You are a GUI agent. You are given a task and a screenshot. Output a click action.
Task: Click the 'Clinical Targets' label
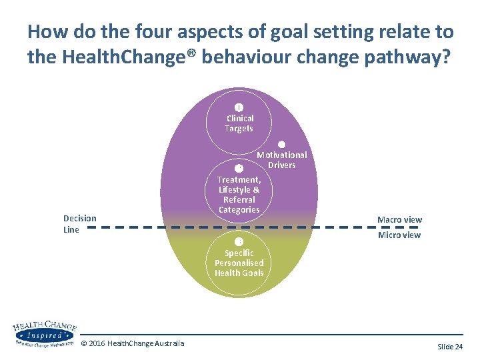pyautogui.click(x=239, y=123)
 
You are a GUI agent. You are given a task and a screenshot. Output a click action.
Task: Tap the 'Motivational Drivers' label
pyautogui.click(x=282, y=160)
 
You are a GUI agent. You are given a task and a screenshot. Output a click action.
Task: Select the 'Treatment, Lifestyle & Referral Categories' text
pyautogui.click(x=239, y=195)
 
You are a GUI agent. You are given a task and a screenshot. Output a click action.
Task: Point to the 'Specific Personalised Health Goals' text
pyautogui.click(x=239, y=263)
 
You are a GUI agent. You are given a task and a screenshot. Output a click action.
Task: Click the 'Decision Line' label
pyautogui.click(x=79, y=224)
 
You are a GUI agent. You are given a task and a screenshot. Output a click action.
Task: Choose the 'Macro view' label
pyautogui.click(x=399, y=220)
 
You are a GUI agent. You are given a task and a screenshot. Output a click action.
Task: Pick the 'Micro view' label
pyautogui.click(x=399, y=235)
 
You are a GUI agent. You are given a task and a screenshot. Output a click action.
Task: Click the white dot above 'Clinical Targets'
pyautogui.click(x=239, y=107)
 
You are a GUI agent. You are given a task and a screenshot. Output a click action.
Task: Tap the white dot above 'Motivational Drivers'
pyautogui.click(x=281, y=145)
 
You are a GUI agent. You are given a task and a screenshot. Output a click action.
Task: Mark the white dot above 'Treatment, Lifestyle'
pyautogui.click(x=239, y=168)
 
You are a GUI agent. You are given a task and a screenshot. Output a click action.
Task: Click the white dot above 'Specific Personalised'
pyautogui.click(x=239, y=241)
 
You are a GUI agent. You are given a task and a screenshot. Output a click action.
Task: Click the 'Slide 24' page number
pyautogui.click(x=450, y=347)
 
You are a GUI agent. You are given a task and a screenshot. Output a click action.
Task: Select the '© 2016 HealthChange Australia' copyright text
pyautogui.click(x=133, y=343)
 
